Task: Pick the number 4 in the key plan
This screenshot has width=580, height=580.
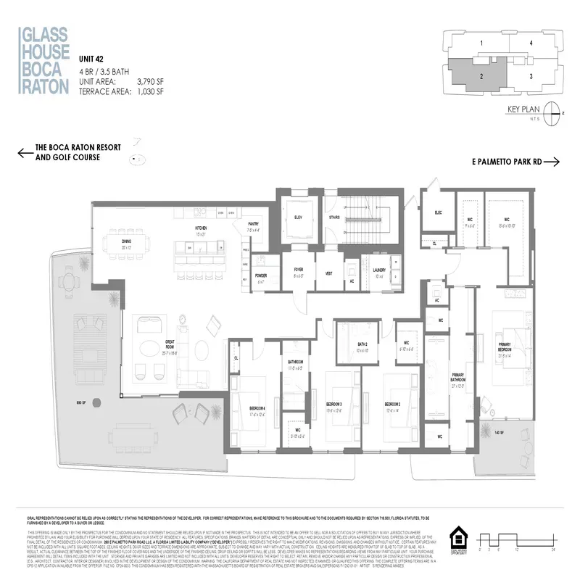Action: (531, 43)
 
